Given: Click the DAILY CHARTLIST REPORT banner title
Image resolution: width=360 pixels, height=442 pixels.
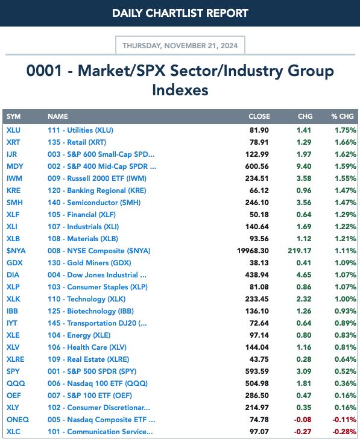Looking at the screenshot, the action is pos(180,13).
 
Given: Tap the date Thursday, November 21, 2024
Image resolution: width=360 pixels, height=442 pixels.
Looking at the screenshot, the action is pos(180,46).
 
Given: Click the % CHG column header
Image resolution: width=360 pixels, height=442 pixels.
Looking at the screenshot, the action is pos(343,116).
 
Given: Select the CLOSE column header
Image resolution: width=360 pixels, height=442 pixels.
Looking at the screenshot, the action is pos(259,116).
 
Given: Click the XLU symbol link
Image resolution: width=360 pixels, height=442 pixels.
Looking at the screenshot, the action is pos(13,130).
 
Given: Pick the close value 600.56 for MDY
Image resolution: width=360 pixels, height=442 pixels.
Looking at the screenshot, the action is pos(257,166).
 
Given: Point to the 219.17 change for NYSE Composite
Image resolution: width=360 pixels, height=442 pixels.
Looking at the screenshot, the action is pos(299,251).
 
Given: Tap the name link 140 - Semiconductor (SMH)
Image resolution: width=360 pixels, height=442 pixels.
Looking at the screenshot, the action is pos(94,203).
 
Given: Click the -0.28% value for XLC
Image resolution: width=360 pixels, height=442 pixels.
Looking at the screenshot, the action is pos(344,432).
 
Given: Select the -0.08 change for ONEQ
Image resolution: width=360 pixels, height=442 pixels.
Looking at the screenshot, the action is pos(303,420).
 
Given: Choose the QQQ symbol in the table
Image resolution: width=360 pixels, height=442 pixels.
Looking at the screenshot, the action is pos(16,384).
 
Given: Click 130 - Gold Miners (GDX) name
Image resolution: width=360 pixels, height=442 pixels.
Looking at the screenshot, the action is pos(89,263).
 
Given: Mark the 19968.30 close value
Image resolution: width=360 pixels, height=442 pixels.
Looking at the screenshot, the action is pos(253,251).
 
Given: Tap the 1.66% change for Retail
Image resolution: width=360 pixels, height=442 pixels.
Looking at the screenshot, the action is pos(346,142).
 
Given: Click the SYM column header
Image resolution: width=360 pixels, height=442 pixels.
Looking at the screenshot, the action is pos(13,116).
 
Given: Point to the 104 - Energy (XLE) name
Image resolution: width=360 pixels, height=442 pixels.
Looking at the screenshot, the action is pos(79,335).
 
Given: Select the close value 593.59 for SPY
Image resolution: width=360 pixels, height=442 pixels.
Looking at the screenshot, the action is pos(257,371).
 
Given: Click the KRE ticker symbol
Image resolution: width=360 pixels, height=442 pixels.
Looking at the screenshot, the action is pos(13,191).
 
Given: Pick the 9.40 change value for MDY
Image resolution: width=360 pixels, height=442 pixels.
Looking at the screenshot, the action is pos(304,166).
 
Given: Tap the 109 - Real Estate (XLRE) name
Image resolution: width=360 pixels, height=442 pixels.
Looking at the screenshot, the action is pos(88,359).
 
